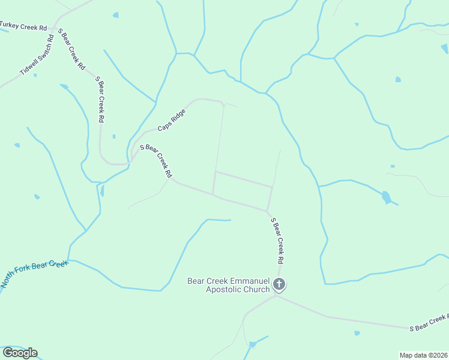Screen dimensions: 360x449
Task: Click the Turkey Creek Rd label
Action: click(x=23, y=26)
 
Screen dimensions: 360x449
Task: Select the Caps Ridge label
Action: click(x=172, y=119)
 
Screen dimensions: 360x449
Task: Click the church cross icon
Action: click(x=279, y=284)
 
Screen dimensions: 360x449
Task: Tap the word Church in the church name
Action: click(x=257, y=290)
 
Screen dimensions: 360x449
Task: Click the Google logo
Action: click(x=20, y=353)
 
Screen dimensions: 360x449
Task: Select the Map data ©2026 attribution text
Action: click(x=423, y=355)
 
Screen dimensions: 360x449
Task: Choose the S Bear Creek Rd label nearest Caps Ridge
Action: click(x=156, y=161)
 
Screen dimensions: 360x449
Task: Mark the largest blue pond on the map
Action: click(x=386, y=197)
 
